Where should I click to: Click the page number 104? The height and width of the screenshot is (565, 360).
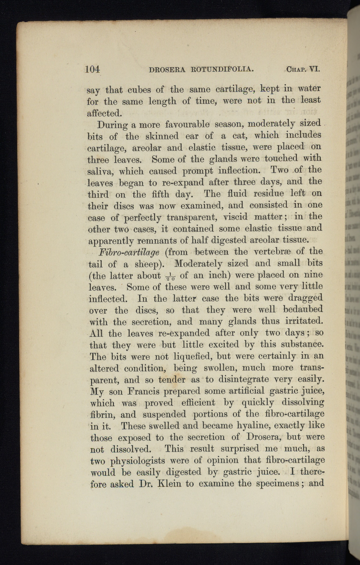[92, 69]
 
